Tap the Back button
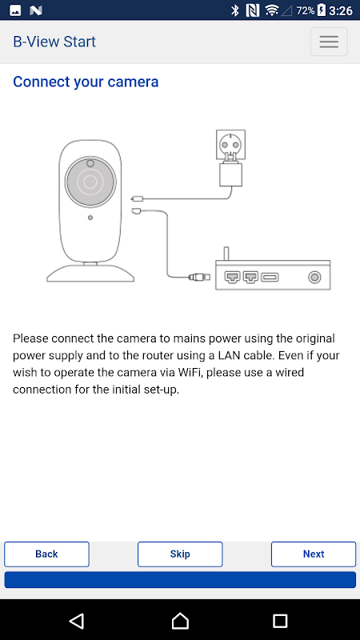point(46,554)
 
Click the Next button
point(314,554)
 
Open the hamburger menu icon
point(329,42)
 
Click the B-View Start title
point(54,42)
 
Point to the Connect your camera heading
point(86,82)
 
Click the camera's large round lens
point(90,182)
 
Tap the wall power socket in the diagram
point(230,144)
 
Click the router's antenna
point(226,254)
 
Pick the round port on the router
point(314,278)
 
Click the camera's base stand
point(90,273)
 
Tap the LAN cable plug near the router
point(200,277)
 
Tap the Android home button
point(180,621)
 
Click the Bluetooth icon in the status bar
point(234,10)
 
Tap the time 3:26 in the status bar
point(341,10)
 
